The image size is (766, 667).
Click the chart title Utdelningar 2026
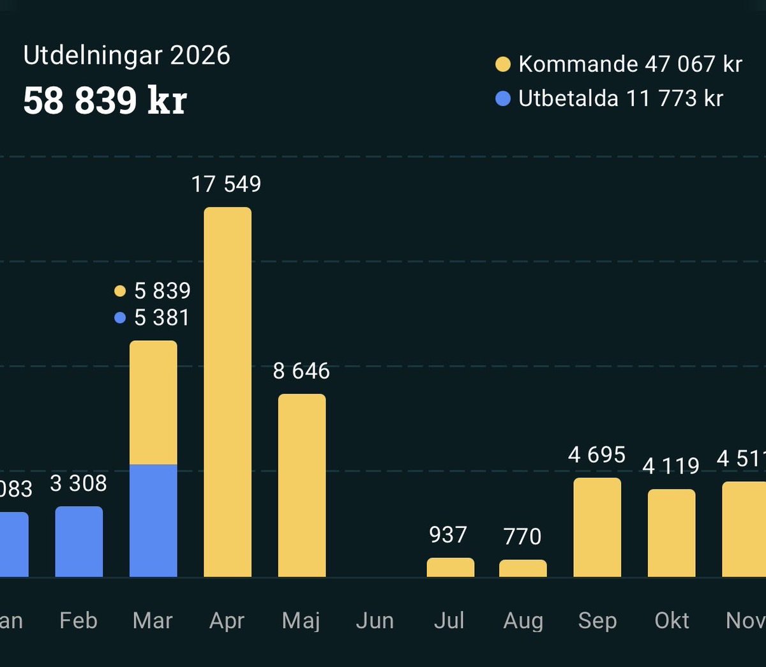coord(126,56)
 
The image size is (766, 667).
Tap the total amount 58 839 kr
coord(105,100)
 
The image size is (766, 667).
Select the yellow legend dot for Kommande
coord(503,64)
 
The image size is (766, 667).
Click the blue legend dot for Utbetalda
coord(503,99)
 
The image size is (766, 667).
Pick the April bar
coord(227,393)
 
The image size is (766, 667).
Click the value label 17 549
coord(226,184)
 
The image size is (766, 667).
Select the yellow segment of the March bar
coord(153,402)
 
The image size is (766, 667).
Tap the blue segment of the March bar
coord(153,520)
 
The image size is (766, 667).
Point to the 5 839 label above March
coord(162,291)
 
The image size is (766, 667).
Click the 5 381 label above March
coord(162,318)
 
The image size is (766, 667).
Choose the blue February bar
coord(79,542)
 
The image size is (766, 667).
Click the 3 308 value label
coord(79,484)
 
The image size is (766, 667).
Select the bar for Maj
coord(302,485)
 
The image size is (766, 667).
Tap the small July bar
coord(450,567)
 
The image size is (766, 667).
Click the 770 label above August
coord(522,537)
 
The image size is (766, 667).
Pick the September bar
coord(597,527)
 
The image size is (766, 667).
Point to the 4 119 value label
coord(671,466)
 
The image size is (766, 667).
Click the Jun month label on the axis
coord(375,620)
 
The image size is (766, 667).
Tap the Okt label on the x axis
coord(672,620)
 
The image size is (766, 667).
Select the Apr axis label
coord(227,620)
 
